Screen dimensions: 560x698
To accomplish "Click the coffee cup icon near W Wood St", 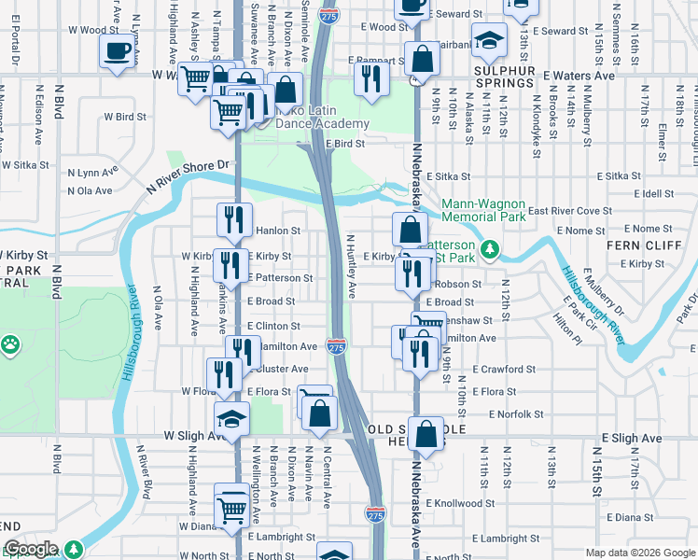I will click(117, 50).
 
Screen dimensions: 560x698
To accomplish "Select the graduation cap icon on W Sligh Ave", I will click(232, 419).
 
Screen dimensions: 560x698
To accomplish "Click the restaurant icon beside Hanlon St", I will click(233, 220).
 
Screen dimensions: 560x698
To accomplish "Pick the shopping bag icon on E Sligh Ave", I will click(426, 433).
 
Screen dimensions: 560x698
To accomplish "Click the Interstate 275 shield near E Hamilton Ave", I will click(337, 346).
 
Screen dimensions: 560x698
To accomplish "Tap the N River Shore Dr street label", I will click(187, 175).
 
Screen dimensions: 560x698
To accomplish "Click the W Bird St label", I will click(125, 118).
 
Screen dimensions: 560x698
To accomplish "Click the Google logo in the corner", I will click(31, 549).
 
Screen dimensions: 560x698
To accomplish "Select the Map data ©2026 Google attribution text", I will click(638, 553).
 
